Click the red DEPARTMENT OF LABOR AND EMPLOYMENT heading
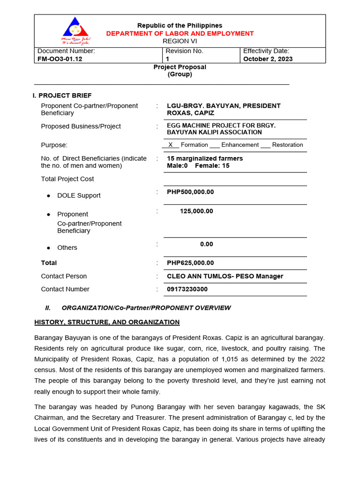pyautogui.click(x=180, y=33)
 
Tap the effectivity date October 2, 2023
pyautogui.click(x=268, y=59)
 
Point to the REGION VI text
pyautogui.click(x=180, y=41)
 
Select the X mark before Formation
pyautogui.click(x=171, y=145)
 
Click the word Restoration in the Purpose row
pyautogui.click(x=287, y=145)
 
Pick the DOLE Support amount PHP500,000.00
pyautogui.click(x=190, y=192)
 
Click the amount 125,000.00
pyautogui.click(x=196, y=211)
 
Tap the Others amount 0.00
pyautogui.click(x=206, y=244)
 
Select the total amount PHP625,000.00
pyautogui.click(x=190, y=263)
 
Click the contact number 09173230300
pyautogui.click(x=187, y=289)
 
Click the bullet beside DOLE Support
pyautogui.click(x=48, y=195)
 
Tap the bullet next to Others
pyautogui.click(x=48, y=247)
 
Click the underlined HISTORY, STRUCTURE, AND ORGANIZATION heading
pyautogui.click(x=107, y=322)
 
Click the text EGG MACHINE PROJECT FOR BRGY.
pyautogui.click(x=221, y=126)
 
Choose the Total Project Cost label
pyautogui.click(x=67, y=179)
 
